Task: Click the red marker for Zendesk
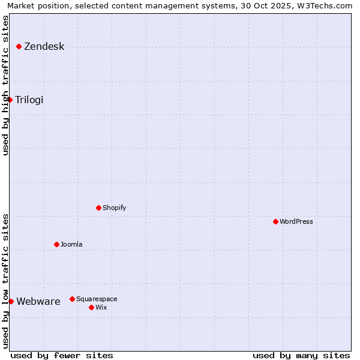(x=19, y=46)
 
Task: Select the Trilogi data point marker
(x=10, y=100)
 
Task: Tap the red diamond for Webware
(x=11, y=301)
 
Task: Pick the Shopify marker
(x=98, y=208)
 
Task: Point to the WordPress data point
(x=275, y=221)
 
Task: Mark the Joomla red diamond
(x=56, y=244)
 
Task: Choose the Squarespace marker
(x=72, y=299)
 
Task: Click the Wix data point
(x=91, y=307)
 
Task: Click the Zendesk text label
(x=44, y=47)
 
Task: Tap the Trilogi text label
(x=29, y=100)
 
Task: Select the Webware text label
(x=38, y=302)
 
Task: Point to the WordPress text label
(x=296, y=221)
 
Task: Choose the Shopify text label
(x=115, y=208)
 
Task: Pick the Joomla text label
(x=71, y=244)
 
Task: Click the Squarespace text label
(x=97, y=299)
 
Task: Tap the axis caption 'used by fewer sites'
(x=62, y=355)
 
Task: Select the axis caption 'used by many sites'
(x=301, y=355)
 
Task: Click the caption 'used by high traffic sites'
(x=5, y=85)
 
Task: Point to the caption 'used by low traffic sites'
(x=5, y=281)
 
